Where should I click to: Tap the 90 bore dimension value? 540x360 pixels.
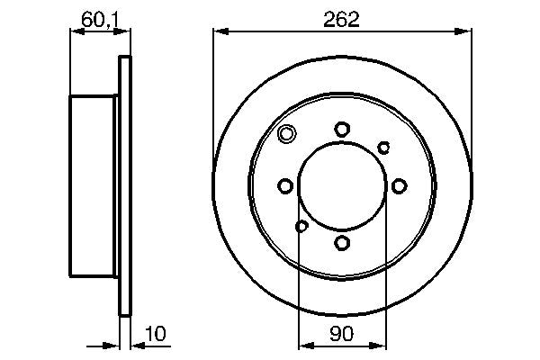(342, 333)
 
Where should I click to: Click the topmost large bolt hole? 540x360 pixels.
(342, 130)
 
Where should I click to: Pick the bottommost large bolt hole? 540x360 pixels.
(342, 242)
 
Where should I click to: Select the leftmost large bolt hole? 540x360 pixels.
(285, 186)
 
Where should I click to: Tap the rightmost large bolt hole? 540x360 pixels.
(398, 186)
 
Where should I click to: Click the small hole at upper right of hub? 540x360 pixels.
(383, 147)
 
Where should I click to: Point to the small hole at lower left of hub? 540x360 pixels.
(301, 226)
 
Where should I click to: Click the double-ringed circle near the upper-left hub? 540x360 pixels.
(286, 136)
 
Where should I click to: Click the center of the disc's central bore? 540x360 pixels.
(342, 186)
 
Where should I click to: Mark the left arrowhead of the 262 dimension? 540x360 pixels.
(218, 32)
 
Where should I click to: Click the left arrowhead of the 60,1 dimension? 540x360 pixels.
(75, 32)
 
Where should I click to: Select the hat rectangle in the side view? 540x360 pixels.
(94, 186)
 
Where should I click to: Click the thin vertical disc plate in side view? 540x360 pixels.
(125, 186)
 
